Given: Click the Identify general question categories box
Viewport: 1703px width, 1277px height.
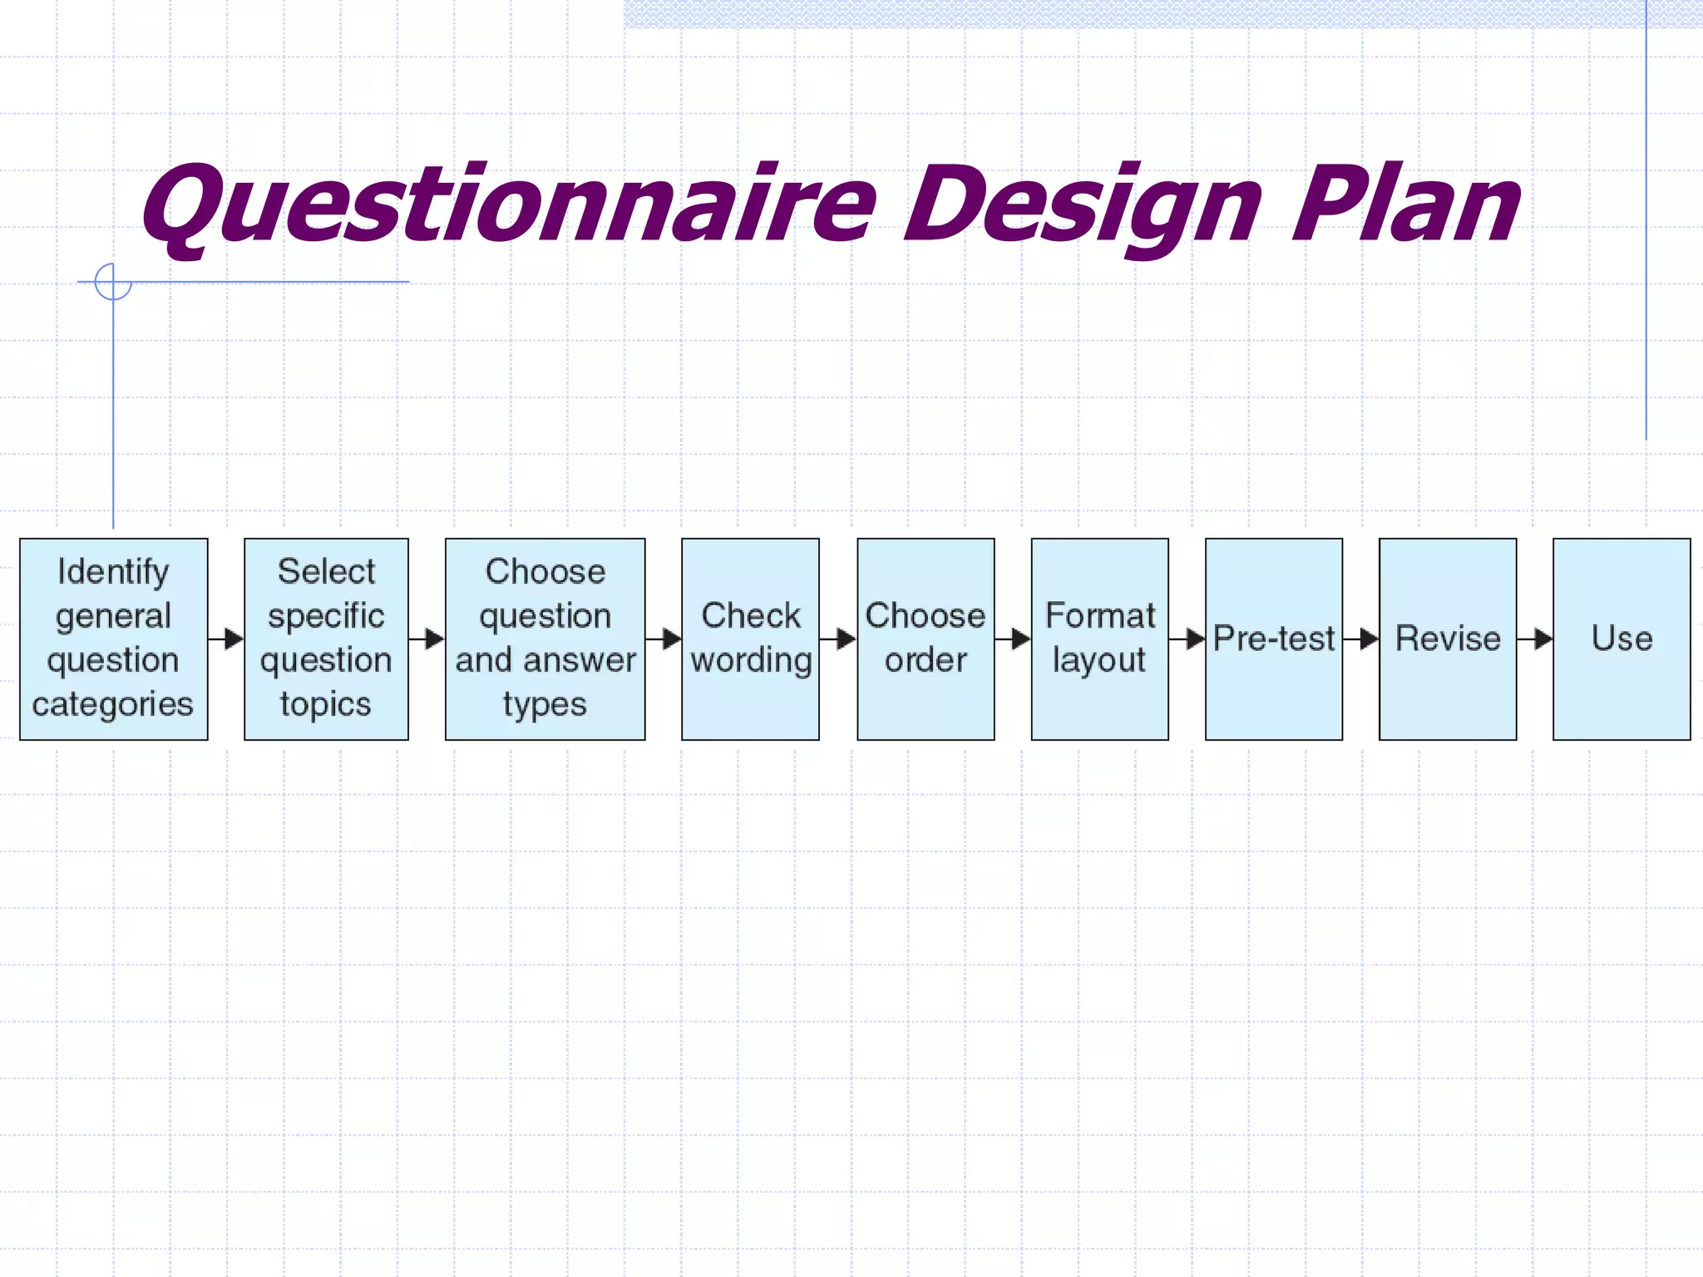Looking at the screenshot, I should click(114, 638).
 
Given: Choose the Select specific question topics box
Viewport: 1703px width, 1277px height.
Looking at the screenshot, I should click(326, 638).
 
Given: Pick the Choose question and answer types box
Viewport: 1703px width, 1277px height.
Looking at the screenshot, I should click(545, 638).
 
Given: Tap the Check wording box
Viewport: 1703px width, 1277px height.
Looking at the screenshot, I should click(750, 638).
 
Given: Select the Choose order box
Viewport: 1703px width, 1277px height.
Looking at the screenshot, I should click(926, 638).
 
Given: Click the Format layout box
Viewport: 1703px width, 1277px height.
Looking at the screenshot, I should click(1099, 638).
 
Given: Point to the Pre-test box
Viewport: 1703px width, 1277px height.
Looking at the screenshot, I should click(1273, 638).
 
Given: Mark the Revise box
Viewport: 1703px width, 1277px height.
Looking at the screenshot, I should click(1448, 638).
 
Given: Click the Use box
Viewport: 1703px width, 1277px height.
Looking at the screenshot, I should click(1622, 638).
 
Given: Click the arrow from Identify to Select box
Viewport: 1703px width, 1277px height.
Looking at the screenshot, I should click(226, 638).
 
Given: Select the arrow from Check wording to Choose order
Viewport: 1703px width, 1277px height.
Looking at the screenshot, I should click(838, 638).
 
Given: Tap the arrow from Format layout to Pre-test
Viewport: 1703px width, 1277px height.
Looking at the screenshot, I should click(1187, 638).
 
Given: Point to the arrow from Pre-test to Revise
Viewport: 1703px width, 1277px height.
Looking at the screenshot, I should click(1361, 638).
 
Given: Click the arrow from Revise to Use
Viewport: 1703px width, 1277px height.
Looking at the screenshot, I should click(1535, 638).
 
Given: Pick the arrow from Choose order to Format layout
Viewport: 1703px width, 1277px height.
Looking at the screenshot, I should click(1013, 638).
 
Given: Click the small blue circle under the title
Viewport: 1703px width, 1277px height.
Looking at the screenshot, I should click(113, 282).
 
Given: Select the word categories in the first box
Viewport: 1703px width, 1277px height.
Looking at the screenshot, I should click(113, 704).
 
